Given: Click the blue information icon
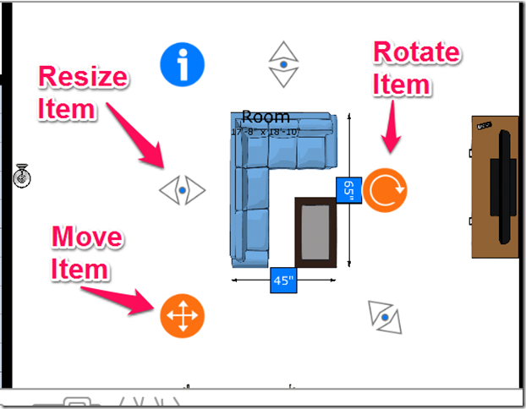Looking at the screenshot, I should [x=183, y=64].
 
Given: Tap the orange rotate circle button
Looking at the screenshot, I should [x=386, y=189].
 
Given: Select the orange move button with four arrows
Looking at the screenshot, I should [x=182, y=316].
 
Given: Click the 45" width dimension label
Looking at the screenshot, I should [x=283, y=280].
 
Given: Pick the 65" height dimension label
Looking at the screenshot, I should [x=348, y=190].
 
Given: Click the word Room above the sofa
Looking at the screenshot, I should [x=266, y=117].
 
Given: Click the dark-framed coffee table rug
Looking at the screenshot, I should [x=315, y=232].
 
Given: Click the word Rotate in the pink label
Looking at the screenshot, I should [x=417, y=53].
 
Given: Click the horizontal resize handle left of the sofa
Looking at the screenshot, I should [x=183, y=189].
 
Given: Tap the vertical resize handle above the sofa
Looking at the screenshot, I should [x=284, y=64].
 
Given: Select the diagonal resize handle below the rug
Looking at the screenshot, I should [x=386, y=317].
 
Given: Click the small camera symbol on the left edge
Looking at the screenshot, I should [x=22, y=177].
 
